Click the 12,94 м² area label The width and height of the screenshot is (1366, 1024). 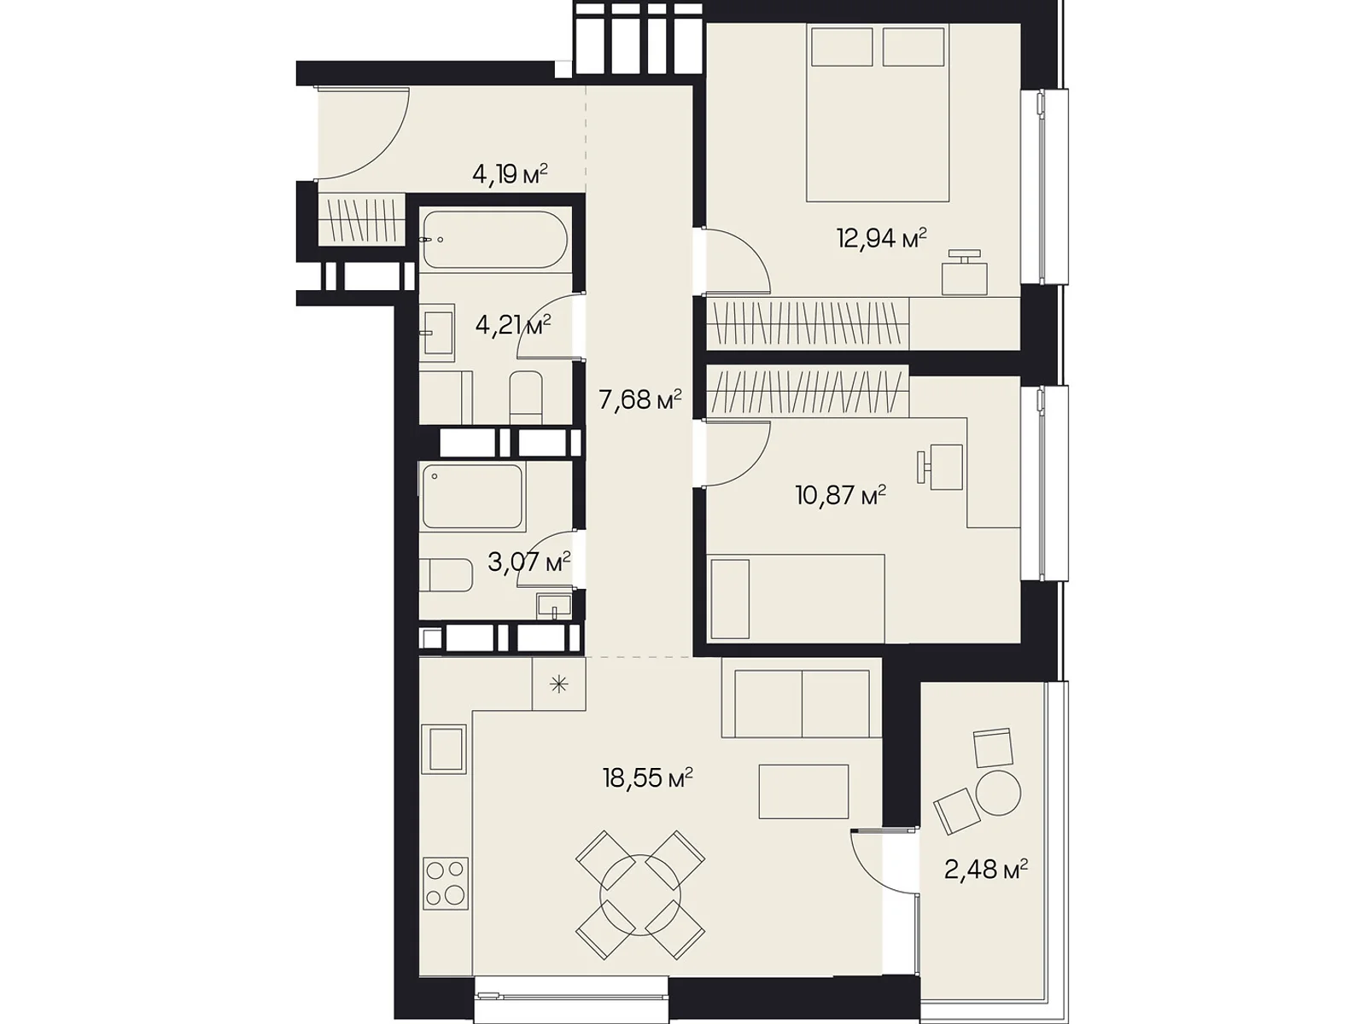tap(881, 237)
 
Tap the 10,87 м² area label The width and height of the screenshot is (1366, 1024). tap(840, 495)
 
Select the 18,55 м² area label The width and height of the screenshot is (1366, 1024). tap(647, 777)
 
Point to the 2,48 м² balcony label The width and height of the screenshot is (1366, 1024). tap(985, 870)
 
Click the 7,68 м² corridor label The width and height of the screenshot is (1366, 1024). tap(639, 399)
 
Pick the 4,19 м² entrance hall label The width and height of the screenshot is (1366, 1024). tap(510, 174)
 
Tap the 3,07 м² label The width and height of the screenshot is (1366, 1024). tap(529, 562)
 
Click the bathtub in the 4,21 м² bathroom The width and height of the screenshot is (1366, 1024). tap(494, 240)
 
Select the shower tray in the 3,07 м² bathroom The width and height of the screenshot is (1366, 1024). tap(472, 497)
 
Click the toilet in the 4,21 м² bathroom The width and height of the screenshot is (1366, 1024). tap(526, 398)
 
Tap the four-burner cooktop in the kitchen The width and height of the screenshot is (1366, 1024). tap(445, 882)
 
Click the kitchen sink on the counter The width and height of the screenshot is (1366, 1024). tap(444, 748)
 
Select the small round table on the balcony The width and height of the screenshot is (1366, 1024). tap(998, 793)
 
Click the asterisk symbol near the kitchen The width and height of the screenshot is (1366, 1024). tap(559, 684)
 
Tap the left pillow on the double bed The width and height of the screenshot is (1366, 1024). tap(842, 48)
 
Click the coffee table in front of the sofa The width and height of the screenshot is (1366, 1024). tap(803, 792)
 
